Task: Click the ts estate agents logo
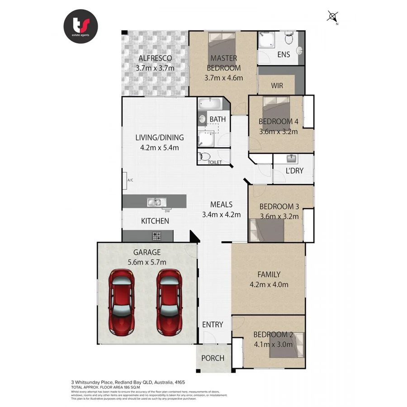[x=80, y=26]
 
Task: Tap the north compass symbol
[x=333, y=17]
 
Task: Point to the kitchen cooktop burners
[x=157, y=236]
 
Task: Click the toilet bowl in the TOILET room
[x=204, y=157]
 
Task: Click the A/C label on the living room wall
[x=130, y=180]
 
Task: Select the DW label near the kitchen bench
[x=167, y=211]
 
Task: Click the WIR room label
[x=277, y=85]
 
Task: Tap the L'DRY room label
[x=294, y=171]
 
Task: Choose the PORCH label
[x=213, y=358]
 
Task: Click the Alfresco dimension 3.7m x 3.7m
[x=155, y=68]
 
